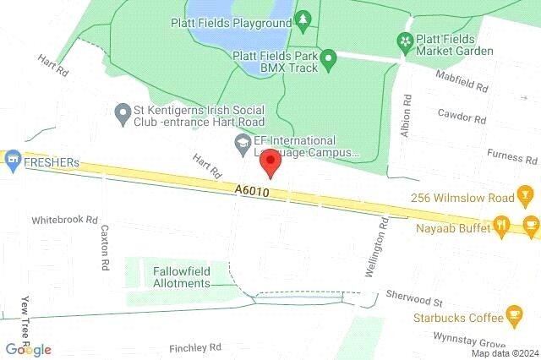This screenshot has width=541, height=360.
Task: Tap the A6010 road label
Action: click(x=253, y=194)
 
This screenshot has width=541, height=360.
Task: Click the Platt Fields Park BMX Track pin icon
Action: click(x=330, y=58)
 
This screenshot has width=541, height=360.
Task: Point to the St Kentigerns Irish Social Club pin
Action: click(x=123, y=111)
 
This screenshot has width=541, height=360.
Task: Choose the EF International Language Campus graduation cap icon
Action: click(x=243, y=141)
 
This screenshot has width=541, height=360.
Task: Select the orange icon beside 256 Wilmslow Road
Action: click(x=525, y=198)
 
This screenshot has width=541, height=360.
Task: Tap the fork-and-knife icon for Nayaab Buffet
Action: click(x=502, y=225)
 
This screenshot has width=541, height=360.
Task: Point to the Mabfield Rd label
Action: click(x=462, y=86)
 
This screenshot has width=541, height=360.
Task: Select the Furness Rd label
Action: click(x=512, y=157)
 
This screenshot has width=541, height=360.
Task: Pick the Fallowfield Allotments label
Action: click(x=181, y=277)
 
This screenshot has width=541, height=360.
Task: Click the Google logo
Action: click(x=28, y=350)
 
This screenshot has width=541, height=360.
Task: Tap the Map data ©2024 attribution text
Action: click(x=504, y=353)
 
